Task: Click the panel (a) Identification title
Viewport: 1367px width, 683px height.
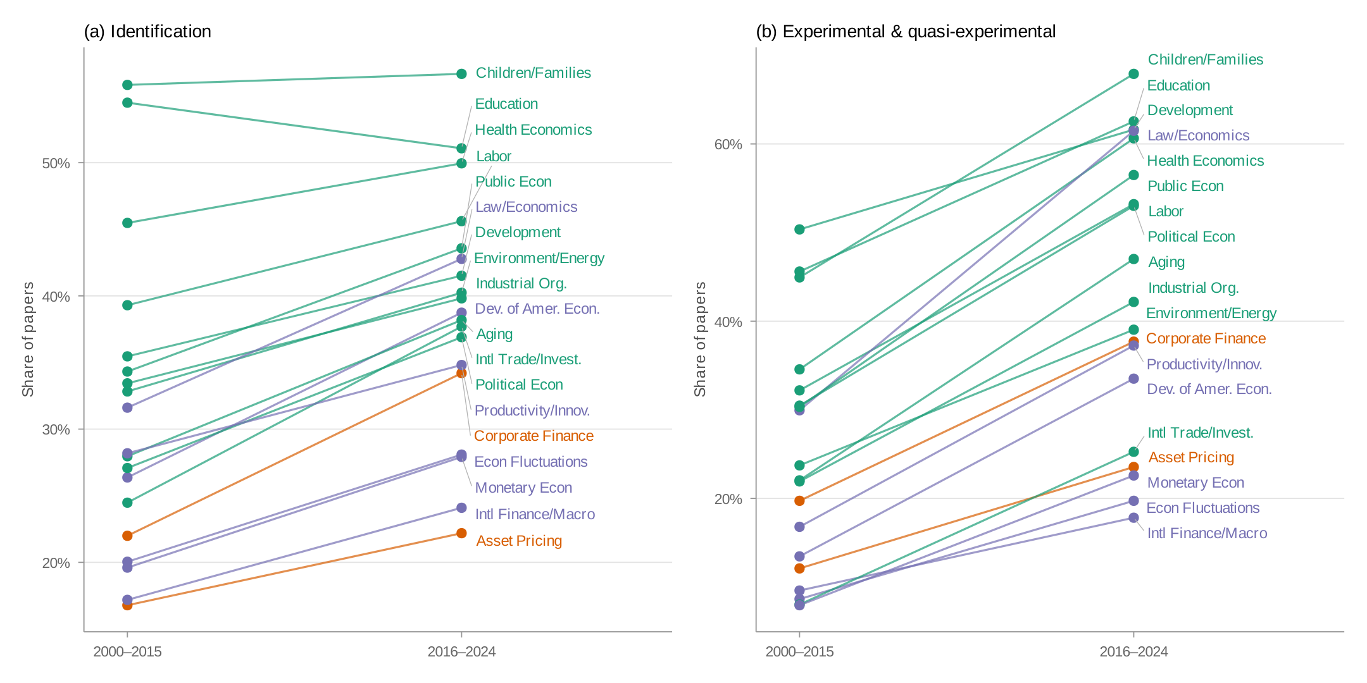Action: pos(147,32)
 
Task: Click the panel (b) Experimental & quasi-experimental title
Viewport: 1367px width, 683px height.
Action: pos(906,32)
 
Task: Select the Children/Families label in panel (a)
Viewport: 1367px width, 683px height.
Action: pos(533,73)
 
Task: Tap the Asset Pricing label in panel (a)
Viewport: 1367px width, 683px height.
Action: pos(519,541)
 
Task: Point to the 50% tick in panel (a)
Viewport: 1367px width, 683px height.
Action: pos(56,163)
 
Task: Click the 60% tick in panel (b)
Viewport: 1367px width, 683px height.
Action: pos(728,144)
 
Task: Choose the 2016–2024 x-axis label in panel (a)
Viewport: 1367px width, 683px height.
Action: pos(461,651)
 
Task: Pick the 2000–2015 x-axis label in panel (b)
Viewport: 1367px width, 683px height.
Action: pos(799,651)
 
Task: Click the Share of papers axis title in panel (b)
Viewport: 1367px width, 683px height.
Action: pos(699,340)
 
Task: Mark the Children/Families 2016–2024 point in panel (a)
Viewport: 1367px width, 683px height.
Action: pos(461,74)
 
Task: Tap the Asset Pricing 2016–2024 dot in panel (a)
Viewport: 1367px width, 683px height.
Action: pos(461,533)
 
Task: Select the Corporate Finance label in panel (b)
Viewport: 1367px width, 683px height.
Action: pos(1206,338)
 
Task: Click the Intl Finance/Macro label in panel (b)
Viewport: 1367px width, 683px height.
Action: pos(1207,533)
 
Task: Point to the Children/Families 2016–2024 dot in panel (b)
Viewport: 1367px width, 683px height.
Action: pos(1133,74)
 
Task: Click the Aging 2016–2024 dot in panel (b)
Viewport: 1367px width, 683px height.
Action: pos(1133,259)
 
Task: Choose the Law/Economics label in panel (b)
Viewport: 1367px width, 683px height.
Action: pos(1198,135)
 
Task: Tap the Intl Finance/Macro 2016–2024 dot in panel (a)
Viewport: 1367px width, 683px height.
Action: pos(461,508)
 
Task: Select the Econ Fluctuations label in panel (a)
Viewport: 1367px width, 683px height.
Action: pos(530,462)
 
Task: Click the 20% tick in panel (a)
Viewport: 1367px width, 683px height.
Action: pos(56,563)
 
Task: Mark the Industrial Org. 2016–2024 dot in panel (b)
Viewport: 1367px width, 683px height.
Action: pos(1133,302)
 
